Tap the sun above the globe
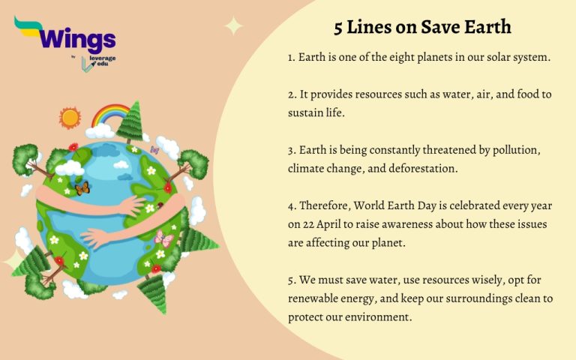point(70,118)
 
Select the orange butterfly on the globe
point(82,188)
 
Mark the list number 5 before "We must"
point(292,280)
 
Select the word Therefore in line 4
point(328,205)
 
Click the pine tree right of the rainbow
point(130,120)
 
